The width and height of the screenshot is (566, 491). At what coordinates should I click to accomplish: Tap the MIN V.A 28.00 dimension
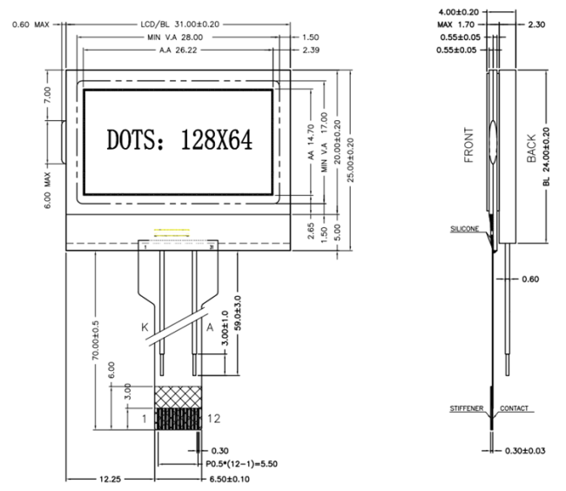coord(175,38)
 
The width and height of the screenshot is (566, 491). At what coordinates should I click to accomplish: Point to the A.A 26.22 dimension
coord(178,51)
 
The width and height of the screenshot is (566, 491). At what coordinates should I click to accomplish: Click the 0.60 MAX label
coord(31,24)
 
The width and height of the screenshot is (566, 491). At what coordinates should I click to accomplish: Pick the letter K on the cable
coord(146,327)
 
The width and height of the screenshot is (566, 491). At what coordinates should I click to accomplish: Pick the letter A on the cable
coord(209,327)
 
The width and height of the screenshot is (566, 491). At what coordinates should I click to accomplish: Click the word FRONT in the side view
coord(470,146)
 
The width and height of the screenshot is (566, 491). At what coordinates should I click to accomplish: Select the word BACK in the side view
coord(533,150)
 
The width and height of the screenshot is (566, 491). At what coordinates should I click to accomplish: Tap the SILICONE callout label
coord(464,228)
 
